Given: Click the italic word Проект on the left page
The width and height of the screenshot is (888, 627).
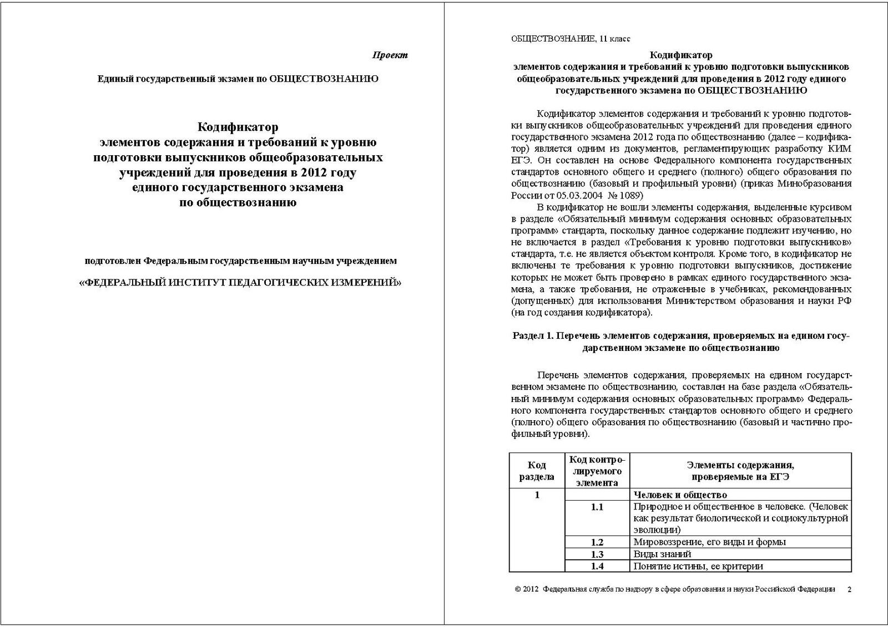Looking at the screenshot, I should coord(390,55).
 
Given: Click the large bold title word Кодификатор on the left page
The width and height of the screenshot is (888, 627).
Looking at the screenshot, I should coord(238,128).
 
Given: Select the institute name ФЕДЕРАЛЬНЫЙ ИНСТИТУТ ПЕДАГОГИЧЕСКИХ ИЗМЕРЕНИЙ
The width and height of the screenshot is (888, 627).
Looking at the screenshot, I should coord(240,282).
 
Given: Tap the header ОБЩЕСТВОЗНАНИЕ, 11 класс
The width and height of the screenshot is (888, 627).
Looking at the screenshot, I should coord(570,39).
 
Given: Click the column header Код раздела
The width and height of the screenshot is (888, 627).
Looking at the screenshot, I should coord(536,471).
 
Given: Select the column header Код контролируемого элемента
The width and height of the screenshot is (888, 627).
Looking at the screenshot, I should coord(597,471).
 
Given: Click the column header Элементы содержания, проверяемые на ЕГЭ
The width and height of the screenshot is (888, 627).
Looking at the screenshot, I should coord(740,471).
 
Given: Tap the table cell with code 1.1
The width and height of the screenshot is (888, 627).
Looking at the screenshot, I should coord(597,507).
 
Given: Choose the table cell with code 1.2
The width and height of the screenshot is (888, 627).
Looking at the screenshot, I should coord(597,542).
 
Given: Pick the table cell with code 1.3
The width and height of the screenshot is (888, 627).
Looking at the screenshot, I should coord(597,554).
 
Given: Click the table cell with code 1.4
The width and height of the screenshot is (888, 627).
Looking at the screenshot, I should coord(597,566).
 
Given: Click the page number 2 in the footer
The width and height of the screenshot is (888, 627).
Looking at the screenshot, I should coord(849,589).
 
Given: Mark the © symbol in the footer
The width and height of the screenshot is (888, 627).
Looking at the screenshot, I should coord(518,589).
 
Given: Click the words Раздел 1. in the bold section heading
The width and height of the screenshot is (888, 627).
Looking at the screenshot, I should coord(533,336).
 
